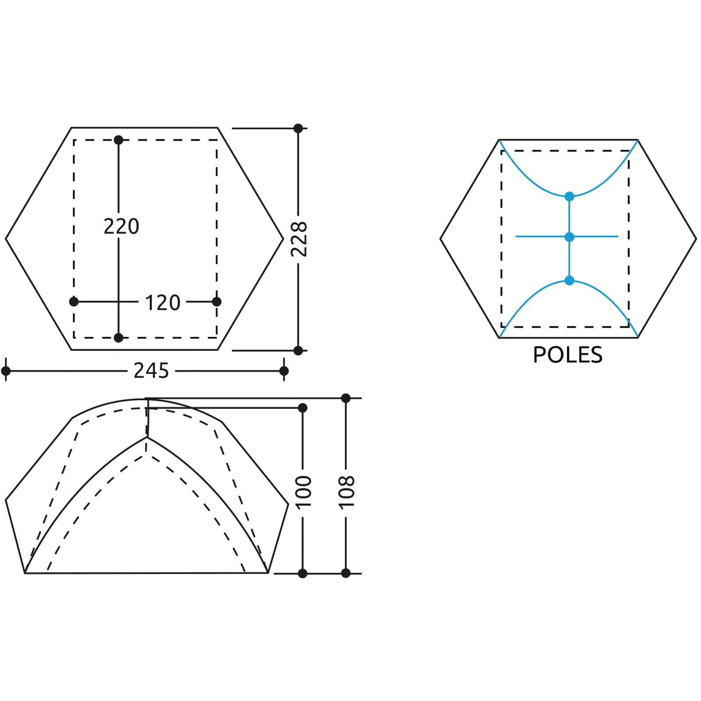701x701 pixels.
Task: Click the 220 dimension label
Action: [121, 227]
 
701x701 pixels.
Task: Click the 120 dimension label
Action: [163, 303]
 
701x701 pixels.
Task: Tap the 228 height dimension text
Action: [300, 239]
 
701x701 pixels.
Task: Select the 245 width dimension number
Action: [151, 371]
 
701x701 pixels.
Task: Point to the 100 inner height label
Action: [304, 492]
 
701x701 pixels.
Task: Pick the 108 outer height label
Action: [347, 492]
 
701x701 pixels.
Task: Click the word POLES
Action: [567, 355]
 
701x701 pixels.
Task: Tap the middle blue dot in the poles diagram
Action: [570, 237]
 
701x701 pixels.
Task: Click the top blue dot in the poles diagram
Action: [570, 197]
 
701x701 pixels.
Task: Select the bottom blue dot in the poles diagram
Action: [570, 280]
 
